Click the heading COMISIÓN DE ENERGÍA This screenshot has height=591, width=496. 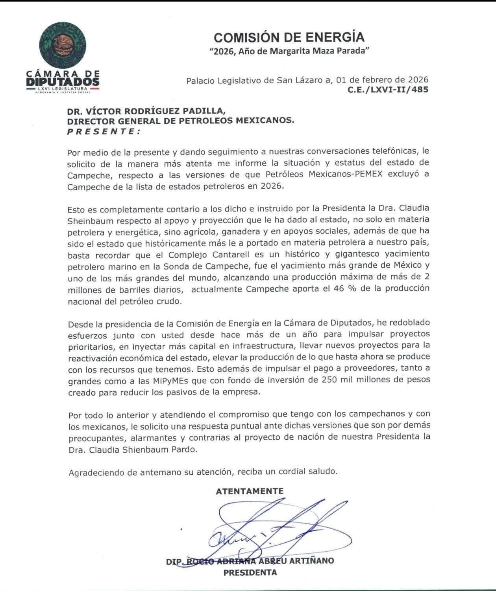click(289, 37)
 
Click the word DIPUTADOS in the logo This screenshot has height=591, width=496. click(63, 81)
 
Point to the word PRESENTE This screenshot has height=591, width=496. click(104, 132)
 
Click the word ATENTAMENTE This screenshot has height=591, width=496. click(250, 491)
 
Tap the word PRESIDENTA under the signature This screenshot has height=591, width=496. click(250, 573)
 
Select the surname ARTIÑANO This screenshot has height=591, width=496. click(311, 561)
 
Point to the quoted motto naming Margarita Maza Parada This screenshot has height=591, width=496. click(289, 51)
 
